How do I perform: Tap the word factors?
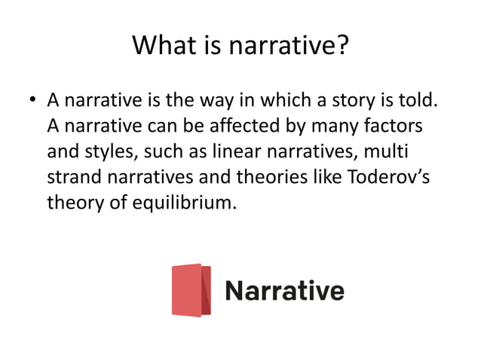(388, 126)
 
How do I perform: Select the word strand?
(72, 178)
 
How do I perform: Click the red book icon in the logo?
(191, 290)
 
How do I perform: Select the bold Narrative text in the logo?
(284, 290)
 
